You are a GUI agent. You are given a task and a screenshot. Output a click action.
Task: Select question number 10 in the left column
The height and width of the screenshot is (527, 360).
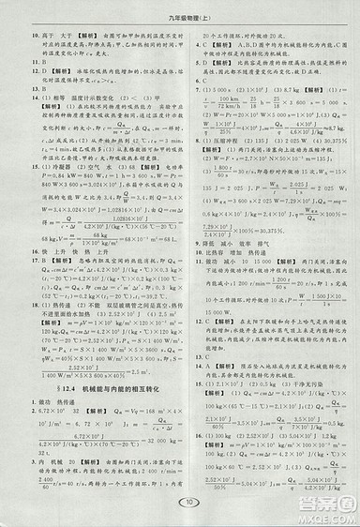pyautogui.click(x=22, y=31)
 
